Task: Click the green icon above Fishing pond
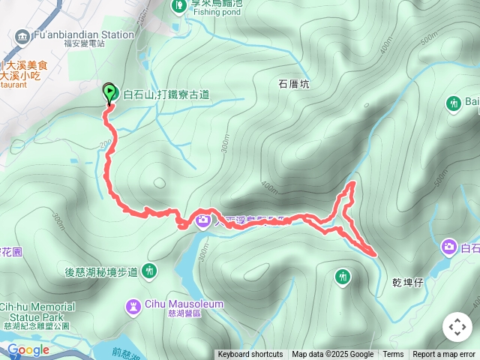coord(178,6)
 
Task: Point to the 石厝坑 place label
coord(293,85)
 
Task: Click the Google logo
coord(28,349)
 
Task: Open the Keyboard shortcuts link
coord(250,355)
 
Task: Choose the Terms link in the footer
coord(393,355)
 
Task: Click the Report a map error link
coord(444,355)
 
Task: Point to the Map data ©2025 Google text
coord(332,355)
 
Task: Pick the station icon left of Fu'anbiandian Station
coord(22,34)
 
